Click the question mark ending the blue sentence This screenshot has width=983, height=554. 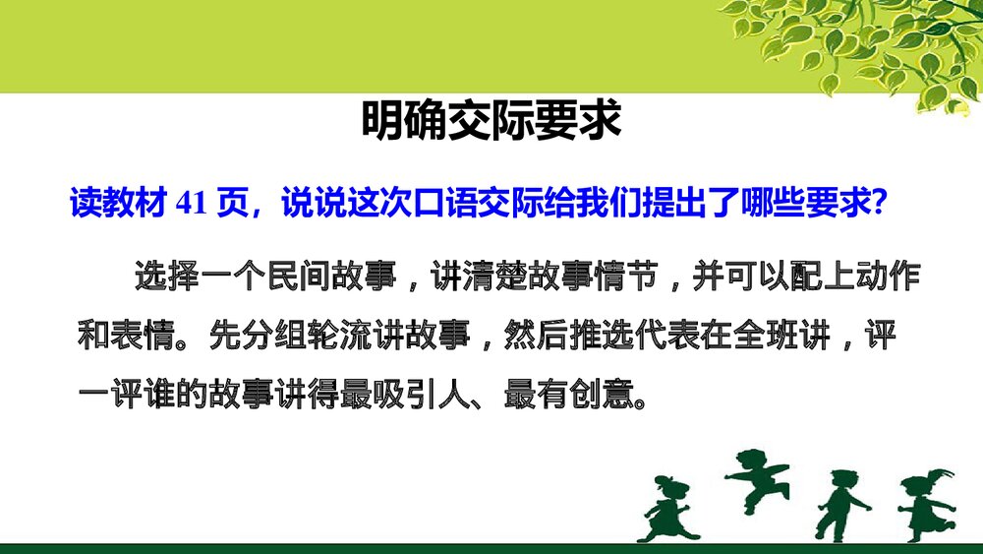click(881, 204)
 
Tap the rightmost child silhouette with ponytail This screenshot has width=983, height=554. click(925, 503)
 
